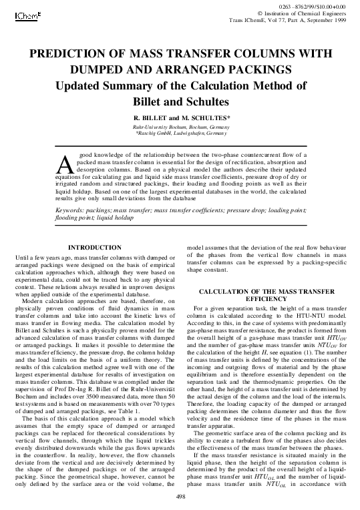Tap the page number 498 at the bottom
[180, 497]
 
